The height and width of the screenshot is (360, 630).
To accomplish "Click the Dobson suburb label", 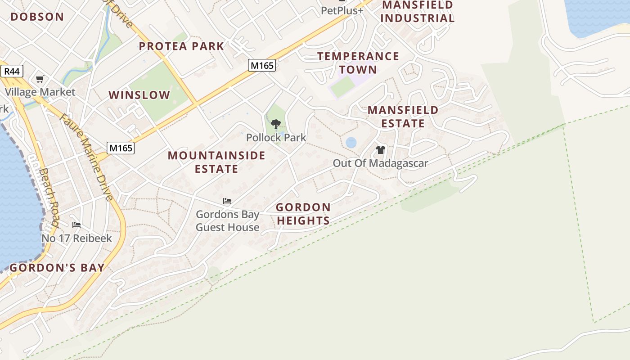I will tap(37, 17).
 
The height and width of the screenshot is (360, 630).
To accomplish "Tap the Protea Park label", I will tap(181, 46).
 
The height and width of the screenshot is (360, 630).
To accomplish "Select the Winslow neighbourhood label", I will tap(139, 95).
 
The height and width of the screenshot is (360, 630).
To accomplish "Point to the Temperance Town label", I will tap(358, 63).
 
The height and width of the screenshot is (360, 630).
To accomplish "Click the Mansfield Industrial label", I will tap(418, 12).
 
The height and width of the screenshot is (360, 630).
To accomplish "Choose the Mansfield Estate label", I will tap(403, 117).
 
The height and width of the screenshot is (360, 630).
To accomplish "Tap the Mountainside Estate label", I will tap(216, 162).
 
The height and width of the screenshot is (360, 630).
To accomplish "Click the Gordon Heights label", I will tap(303, 214).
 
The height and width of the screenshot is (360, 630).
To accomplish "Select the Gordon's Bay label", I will tap(57, 268).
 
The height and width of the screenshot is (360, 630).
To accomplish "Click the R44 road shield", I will tap(12, 71).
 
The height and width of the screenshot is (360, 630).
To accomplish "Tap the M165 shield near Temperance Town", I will tap(261, 65).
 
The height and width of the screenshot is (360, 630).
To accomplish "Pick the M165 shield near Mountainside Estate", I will tap(121, 147).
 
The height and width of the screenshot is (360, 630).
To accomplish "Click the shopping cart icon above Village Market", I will tap(40, 79).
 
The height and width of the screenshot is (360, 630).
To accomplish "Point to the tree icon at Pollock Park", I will tap(276, 124).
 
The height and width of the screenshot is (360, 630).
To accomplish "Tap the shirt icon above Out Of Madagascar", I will tap(381, 150).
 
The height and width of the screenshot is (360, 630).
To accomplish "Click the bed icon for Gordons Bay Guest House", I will tap(227, 201).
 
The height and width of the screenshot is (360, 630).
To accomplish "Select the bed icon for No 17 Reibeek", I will tap(76, 225).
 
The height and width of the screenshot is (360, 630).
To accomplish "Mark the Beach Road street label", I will tap(49, 198).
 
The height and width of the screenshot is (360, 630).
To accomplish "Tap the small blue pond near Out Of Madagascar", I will tap(351, 143).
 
